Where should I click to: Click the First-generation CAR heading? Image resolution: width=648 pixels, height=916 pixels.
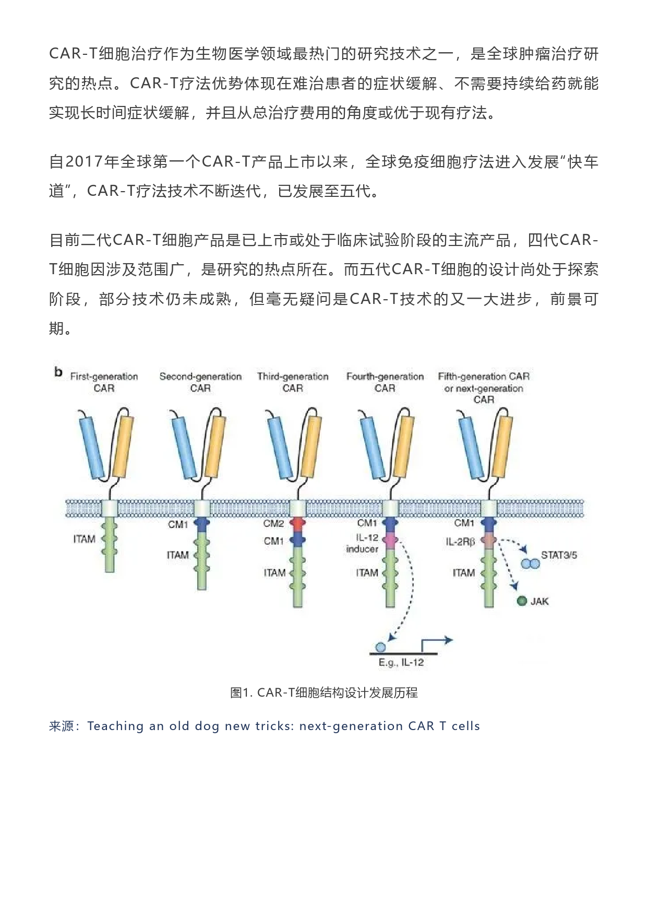coord(104,382)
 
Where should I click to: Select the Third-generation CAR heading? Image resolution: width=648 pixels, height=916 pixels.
coord(293,382)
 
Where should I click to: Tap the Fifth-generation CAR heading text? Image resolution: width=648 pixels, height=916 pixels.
coord(484,387)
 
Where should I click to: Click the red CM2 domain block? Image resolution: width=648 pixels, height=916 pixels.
coord(297,523)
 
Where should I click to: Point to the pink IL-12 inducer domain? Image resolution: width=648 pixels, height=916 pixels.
coord(390,539)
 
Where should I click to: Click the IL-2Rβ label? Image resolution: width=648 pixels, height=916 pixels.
coord(460,542)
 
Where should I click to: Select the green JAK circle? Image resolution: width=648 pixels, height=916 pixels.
coord(522,601)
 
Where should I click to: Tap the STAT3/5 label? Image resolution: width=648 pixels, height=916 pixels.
coord(559,555)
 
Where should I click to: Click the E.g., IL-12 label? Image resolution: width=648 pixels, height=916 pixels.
coord(401,663)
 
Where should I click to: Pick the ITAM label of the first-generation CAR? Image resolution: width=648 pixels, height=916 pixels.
coord(84,539)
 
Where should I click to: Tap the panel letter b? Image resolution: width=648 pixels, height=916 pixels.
coord(58,372)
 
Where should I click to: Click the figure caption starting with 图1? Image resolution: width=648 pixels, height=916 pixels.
coord(324,693)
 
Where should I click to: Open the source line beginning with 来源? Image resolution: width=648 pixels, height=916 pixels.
coord(265,726)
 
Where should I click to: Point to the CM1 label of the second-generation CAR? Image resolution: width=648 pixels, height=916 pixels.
coord(178,524)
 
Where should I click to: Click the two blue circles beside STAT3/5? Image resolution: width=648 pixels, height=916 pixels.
coord(530,564)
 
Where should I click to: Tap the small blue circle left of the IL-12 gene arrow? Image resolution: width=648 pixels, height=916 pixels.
coord(380,648)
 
